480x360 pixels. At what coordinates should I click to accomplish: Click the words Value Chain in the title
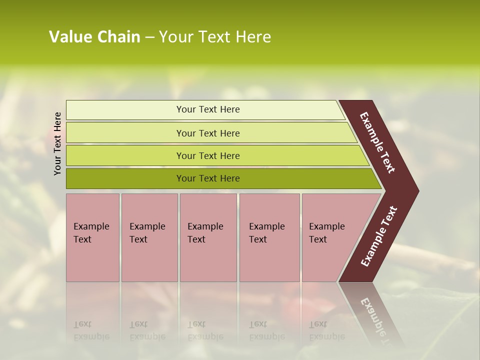pyautogui.click(x=94, y=37)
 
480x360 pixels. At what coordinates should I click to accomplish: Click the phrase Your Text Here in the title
pyautogui.click(x=215, y=37)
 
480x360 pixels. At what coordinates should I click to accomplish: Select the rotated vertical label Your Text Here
pyautogui.click(x=58, y=143)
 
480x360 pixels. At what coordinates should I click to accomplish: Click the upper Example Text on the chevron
pyautogui.click(x=377, y=142)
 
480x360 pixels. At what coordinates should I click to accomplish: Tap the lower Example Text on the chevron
pyautogui.click(x=379, y=236)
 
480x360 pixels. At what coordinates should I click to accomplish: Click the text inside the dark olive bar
pyautogui.click(x=208, y=178)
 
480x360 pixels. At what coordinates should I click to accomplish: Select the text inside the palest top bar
pyautogui.click(x=208, y=109)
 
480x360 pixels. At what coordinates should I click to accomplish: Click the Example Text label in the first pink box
pyautogui.click(x=91, y=233)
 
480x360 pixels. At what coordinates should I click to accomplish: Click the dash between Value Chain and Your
pyautogui.click(x=149, y=37)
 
